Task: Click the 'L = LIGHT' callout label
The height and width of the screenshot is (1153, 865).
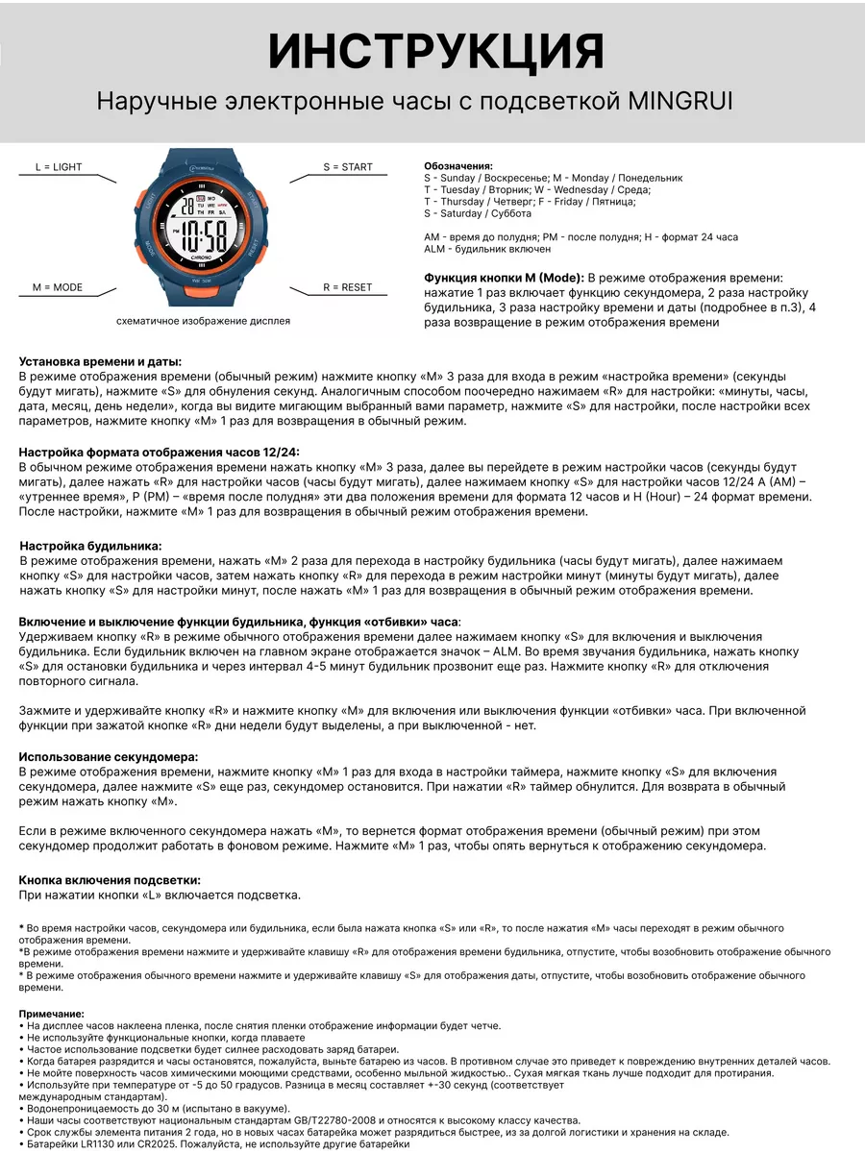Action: (x=59, y=167)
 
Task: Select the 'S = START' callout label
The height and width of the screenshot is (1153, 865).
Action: (x=347, y=167)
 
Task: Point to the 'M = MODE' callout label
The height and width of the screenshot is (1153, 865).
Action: (x=58, y=287)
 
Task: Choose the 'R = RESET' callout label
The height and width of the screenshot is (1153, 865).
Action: (x=347, y=287)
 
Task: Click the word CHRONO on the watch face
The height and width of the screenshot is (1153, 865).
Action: (x=205, y=258)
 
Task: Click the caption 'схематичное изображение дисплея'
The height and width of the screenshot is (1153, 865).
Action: (x=203, y=321)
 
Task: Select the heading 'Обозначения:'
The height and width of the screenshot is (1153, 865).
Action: (x=458, y=166)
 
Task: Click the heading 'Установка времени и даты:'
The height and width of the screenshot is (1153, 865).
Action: (x=100, y=362)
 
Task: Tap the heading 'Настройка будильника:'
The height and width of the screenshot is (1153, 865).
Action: (x=90, y=546)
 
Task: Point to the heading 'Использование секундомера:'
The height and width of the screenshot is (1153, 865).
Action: (x=109, y=757)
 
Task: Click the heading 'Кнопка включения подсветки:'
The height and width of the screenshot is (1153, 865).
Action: (x=110, y=880)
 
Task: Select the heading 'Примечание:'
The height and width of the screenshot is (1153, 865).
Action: (x=51, y=1014)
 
